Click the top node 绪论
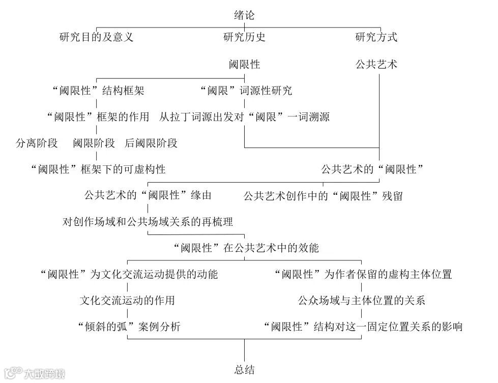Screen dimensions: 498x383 point(244,15)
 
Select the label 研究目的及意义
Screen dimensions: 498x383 point(97,37)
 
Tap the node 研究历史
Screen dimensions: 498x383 point(244,37)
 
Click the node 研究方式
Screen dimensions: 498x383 point(376,37)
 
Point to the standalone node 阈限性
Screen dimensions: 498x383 point(244,65)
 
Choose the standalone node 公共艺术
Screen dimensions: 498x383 point(376,65)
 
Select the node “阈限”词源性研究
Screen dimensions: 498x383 point(245,91)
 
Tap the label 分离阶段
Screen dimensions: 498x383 point(37,143)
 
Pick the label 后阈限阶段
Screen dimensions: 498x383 point(151,143)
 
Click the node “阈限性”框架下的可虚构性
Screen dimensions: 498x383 point(98,169)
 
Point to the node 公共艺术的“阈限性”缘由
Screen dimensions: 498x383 point(148,195)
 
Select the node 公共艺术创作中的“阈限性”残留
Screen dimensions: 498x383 point(323,196)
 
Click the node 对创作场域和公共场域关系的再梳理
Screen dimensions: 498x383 point(148,222)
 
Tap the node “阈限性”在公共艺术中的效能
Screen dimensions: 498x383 point(245,248)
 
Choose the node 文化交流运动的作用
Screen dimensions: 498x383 point(127,300)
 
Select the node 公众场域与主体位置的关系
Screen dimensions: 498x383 point(361,300)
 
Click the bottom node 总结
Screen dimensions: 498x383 point(244,370)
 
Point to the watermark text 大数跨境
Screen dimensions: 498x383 point(45,374)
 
